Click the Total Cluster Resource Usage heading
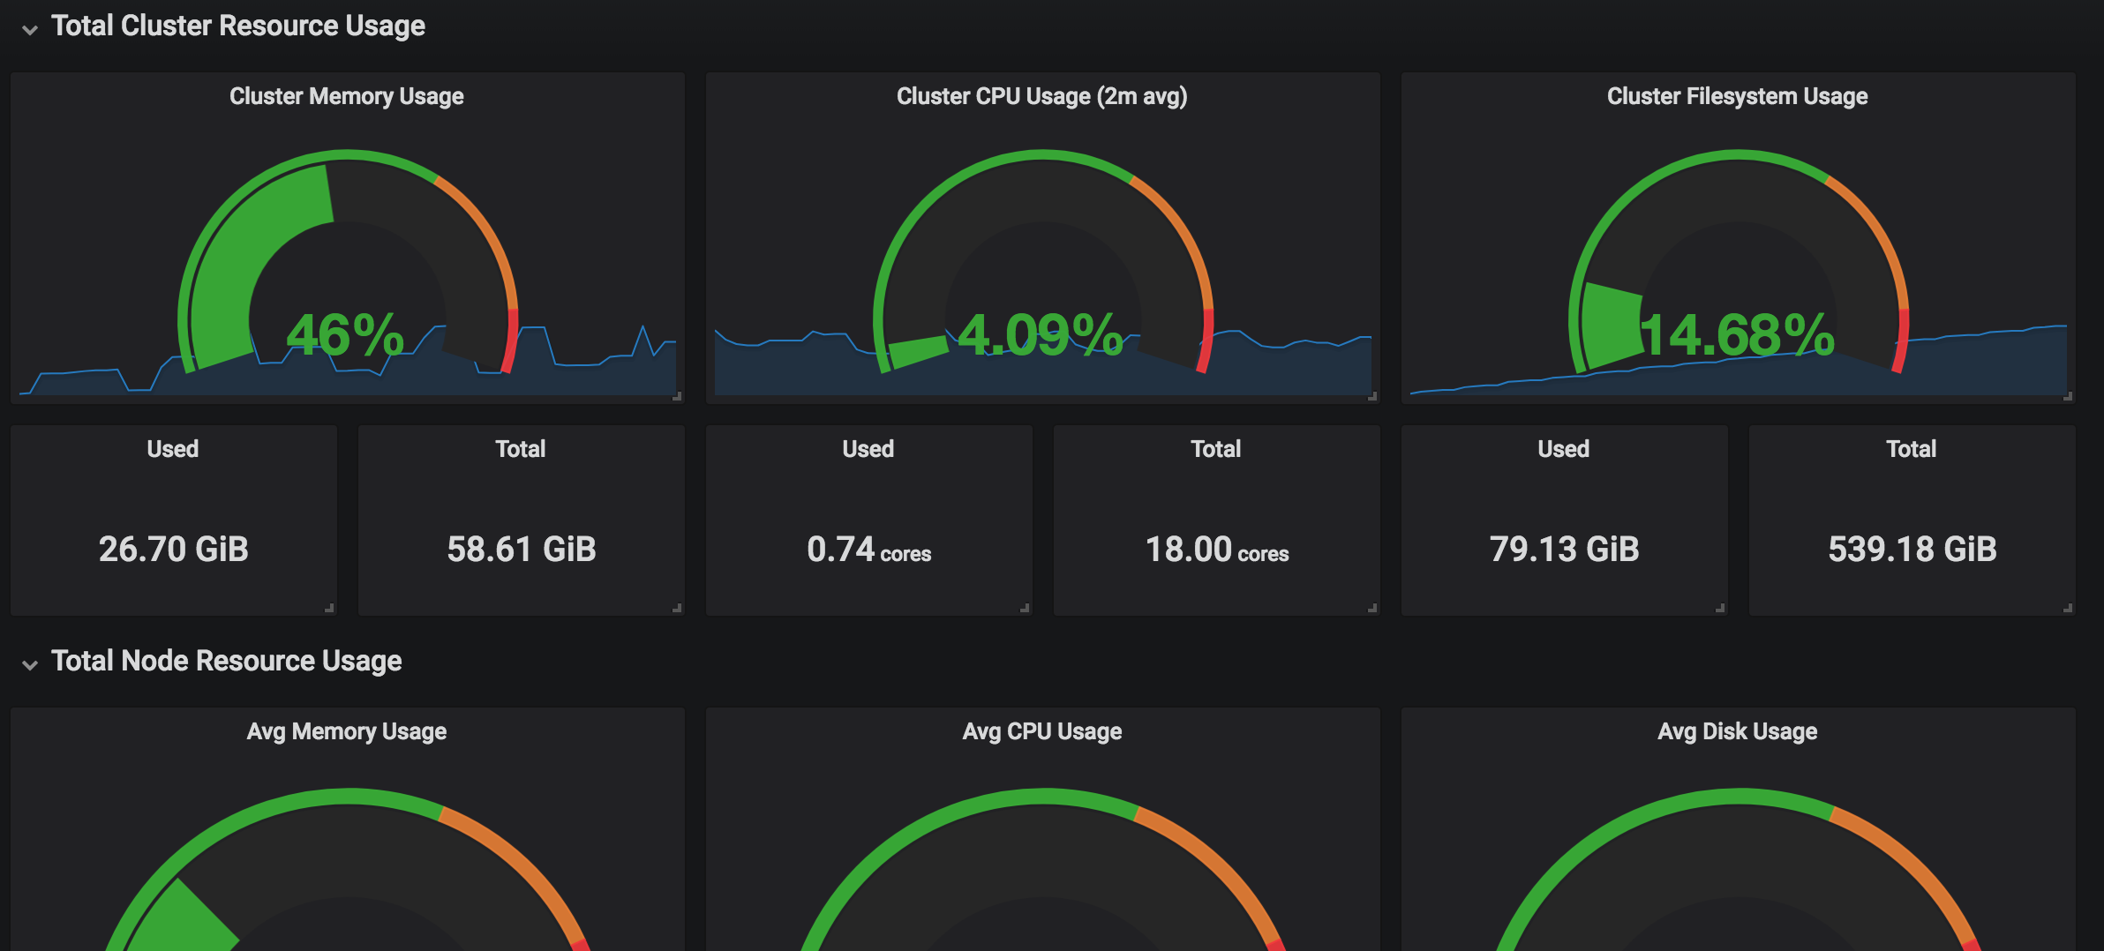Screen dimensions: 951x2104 click(x=237, y=26)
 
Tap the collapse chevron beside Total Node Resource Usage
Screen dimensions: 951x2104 click(x=30, y=664)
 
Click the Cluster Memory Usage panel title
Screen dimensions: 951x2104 click(x=346, y=96)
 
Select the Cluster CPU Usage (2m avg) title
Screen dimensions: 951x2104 click(x=1041, y=96)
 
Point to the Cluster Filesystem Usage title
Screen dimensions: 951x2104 click(x=1737, y=96)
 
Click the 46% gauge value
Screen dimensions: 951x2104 click(x=345, y=335)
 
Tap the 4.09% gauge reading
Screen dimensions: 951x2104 click(x=1041, y=335)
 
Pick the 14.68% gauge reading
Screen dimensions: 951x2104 click(x=1737, y=335)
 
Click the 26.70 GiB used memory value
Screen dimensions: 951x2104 click(x=173, y=550)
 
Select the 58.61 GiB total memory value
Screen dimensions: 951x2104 click(x=521, y=550)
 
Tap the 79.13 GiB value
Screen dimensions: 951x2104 click(x=1564, y=550)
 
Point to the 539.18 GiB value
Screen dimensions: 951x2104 click(x=1912, y=550)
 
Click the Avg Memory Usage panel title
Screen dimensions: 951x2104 click(x=346, y=731)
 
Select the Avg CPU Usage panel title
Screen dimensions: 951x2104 click(x=1041, y=731)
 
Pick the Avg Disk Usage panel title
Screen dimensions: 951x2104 click(x=1737, y=731)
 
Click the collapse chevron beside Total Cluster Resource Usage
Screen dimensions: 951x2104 click(x=30, y=29)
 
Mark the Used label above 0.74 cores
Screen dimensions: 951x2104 click(x=868, y=449)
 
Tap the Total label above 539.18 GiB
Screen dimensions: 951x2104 click(x=1912, y=449)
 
